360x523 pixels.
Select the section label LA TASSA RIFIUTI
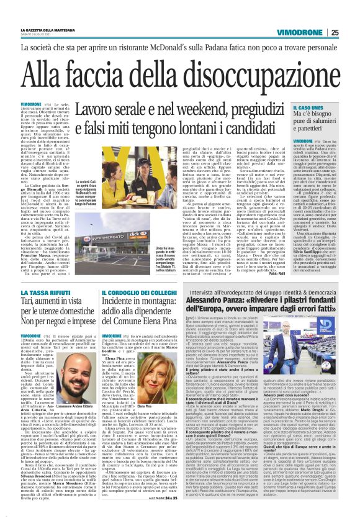pyautogui.click(x=43, y=291)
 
